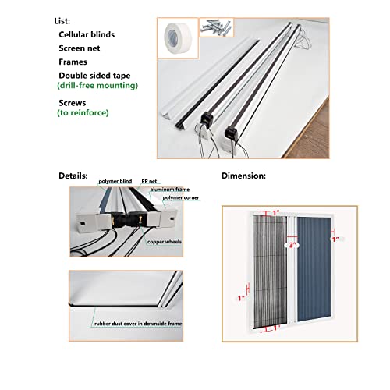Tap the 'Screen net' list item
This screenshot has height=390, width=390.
(82, 48)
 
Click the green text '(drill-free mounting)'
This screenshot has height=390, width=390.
(98, 85)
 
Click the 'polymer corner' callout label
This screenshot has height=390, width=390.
(180, 198)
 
